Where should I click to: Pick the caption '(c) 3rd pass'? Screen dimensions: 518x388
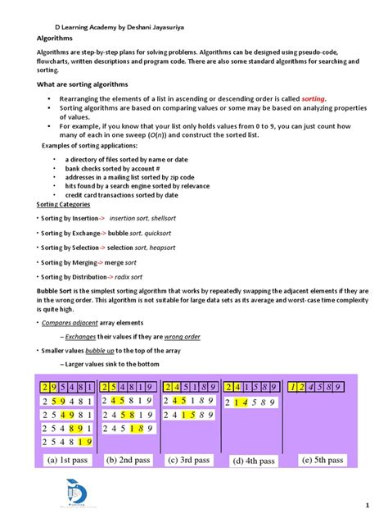(x=189, y=460)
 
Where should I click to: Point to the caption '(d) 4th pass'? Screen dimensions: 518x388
(x=254, y=461)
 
